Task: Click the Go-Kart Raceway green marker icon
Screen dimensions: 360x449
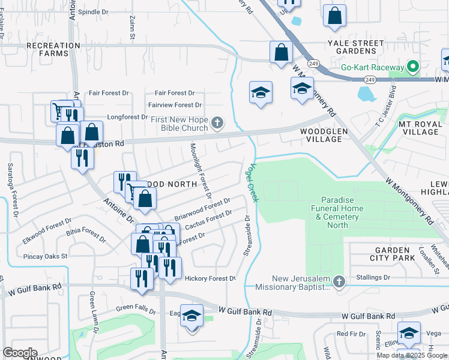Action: coord(413,67)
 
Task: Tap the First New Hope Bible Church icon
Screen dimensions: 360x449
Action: coord(218,124)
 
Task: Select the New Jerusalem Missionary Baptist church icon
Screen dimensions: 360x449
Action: coord(339,281)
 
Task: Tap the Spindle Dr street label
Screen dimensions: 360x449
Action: coord(93,11)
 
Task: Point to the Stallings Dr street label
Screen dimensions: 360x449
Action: coord(373,277)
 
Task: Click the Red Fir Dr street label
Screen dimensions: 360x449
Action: coord(351,334)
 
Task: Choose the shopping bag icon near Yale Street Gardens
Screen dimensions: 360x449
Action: coord(334,16)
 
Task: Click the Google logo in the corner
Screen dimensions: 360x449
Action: coord(20,352)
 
